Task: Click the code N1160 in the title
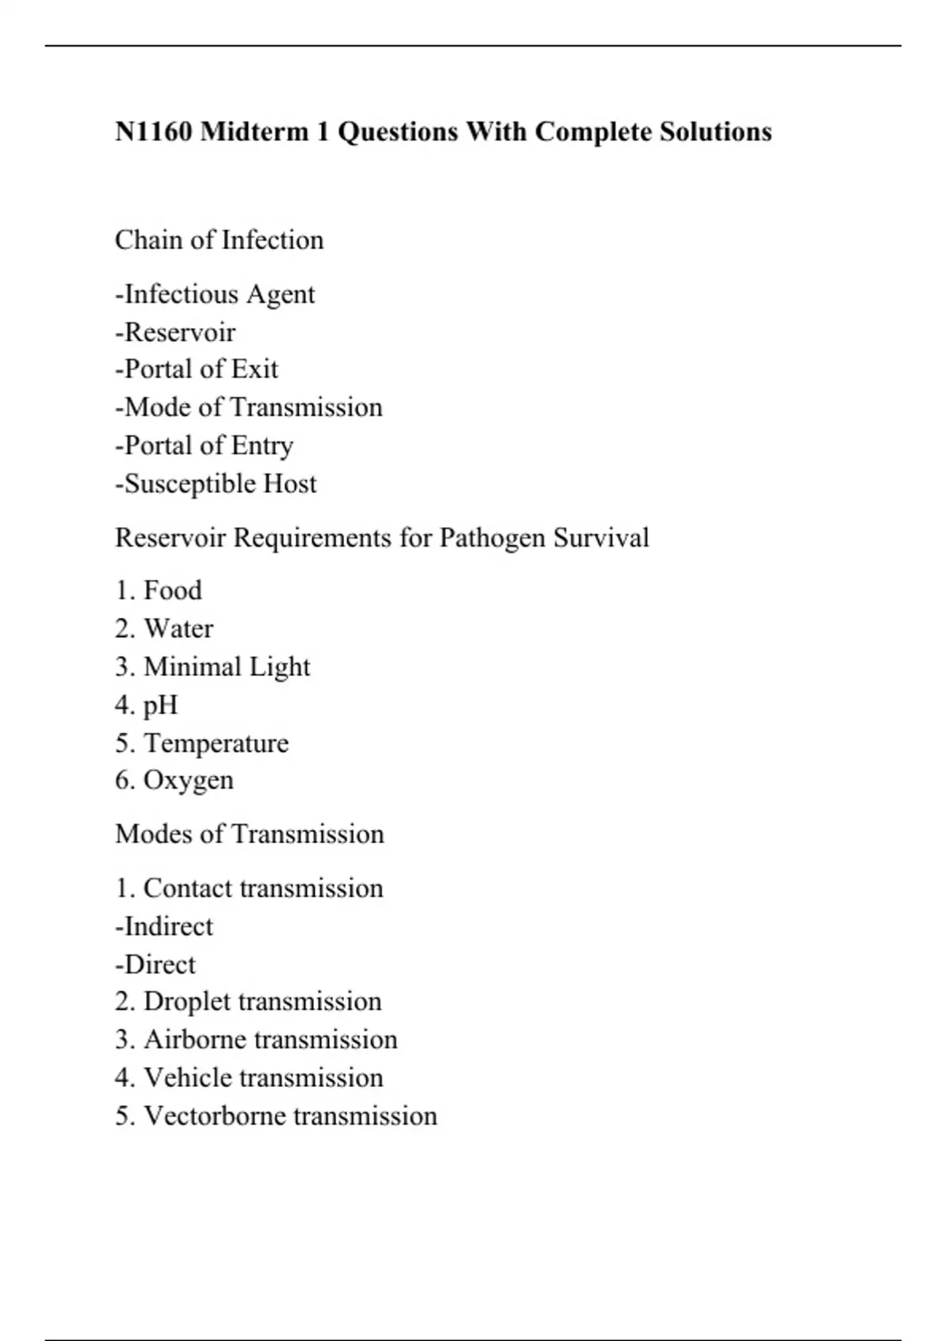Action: pos(153,131)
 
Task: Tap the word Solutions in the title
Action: pos(715,131)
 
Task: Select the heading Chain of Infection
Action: pos(219,240)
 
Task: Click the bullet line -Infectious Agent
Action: pos(215,294)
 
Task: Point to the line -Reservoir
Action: pos(175,332)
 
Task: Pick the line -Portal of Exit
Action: pos(197,369)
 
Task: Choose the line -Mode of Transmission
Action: pos(249,407)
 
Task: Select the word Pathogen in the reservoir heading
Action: pos(492,538)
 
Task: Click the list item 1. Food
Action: pos(159,590)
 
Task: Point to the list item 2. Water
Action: pos(164,629)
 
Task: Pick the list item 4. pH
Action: pos(147,704)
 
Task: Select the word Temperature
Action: pos(216,743)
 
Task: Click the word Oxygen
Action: pos(188,780)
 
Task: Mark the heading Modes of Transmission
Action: pos(249,834)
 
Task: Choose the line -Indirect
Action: pos(164,926)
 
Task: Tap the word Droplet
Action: pos(186,1001)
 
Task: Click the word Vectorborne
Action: pos(214,1115)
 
